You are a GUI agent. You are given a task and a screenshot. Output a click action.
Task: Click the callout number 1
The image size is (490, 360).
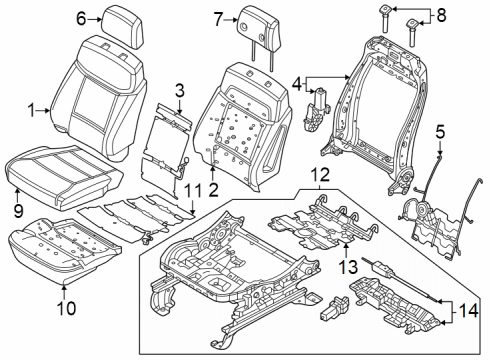pos(31,111)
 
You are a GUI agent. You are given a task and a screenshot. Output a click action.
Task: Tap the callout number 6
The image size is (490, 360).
pos(81,17)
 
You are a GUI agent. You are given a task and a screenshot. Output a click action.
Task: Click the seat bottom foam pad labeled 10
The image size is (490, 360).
pos(60,245)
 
